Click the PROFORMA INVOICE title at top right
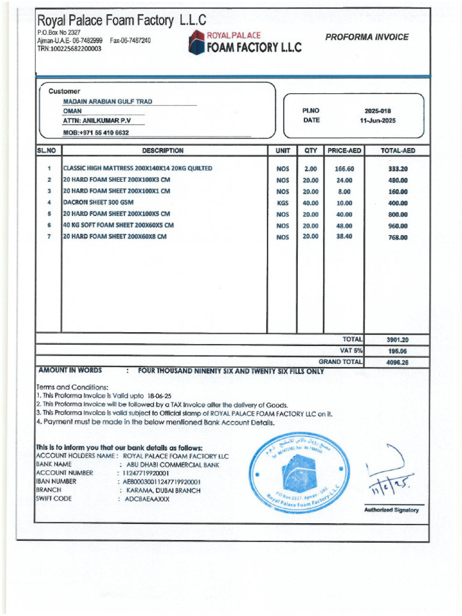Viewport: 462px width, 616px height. coord(366,37)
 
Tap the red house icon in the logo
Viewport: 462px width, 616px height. coord(197,42)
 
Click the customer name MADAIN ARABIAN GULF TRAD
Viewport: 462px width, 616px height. coord(108,102)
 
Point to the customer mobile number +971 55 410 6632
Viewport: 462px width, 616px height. coord(96,132)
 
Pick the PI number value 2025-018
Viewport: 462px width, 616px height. coord(377,111)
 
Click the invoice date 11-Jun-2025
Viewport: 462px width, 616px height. coord(377,120)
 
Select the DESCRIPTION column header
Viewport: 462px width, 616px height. coord(163,151)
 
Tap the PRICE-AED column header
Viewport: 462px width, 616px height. coord(344,151)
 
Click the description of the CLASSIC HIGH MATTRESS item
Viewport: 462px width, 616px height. coord(138,168)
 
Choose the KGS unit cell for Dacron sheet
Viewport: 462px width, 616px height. coord(283,203)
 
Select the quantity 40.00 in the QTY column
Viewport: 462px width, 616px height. coord(310,203)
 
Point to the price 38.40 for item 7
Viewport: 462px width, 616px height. coord(344,237)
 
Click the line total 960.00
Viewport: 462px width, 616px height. coord(398,226)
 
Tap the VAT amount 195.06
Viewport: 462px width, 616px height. coord(397,351)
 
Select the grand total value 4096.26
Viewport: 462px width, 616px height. coord(397,363)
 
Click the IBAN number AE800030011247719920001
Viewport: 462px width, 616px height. coord(162,482)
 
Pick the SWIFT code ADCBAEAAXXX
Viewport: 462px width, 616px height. coord(147,499)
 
